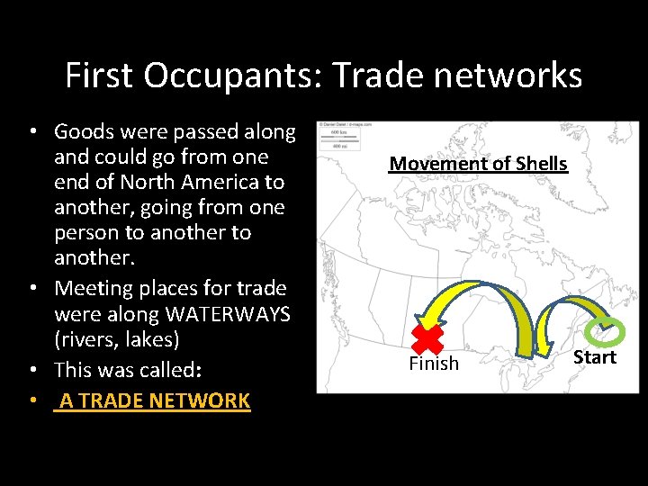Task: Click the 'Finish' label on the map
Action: coord(434,364)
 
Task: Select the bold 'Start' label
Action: coord(595,357)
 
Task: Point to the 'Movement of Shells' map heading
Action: coord(478,164)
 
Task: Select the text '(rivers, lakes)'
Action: coord(117,339)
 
